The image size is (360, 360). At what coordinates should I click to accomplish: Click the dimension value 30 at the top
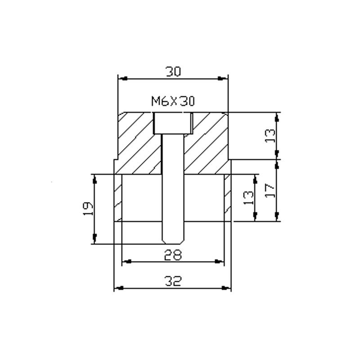(173, 72)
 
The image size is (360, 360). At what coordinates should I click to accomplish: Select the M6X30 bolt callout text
(173, 101)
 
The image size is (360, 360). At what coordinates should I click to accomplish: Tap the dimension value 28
(173, 255)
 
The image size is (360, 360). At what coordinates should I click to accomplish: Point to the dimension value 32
(173, 281)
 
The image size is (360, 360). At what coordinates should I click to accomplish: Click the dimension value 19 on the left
(88, 209)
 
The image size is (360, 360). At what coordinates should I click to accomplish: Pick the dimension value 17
(270, 190)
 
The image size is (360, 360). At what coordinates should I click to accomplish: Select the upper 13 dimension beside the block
(270, 136)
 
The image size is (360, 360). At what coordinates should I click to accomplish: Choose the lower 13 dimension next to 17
(248, 198)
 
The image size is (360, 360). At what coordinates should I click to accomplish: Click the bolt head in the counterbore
(173, 123)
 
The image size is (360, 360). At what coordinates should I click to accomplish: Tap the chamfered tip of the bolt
(173, 241)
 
